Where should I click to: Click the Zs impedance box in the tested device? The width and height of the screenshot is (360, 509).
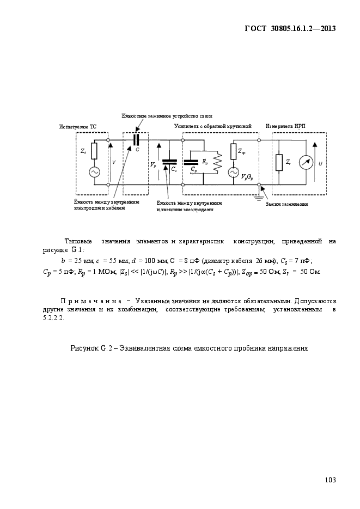coord(94,151)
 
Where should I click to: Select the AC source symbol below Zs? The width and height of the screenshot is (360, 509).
coord(94,172)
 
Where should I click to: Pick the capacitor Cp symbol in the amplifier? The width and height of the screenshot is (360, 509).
coord(191,162)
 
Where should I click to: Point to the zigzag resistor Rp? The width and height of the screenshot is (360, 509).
coord(217,162)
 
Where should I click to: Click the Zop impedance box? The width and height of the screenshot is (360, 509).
coord(234,151)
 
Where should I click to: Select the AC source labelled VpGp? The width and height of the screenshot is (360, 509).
coord(234,173)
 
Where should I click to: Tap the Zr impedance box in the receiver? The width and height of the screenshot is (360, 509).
coord(279,163)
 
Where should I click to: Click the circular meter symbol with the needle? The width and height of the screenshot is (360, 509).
coord(306,163)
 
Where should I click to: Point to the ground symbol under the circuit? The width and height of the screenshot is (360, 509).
coord(259,198)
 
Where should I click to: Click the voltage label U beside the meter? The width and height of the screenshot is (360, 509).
coord(320,164)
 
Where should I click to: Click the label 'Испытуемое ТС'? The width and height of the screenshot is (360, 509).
coord(77,127)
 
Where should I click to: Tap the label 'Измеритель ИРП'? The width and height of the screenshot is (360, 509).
coord(285,126)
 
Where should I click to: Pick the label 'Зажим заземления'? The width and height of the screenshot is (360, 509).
coord(286,204)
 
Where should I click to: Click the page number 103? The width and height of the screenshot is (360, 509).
coord(330,480)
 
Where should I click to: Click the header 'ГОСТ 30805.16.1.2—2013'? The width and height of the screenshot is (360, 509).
coord(290,28)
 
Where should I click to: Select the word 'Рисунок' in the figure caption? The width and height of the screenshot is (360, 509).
coord(84,348)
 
